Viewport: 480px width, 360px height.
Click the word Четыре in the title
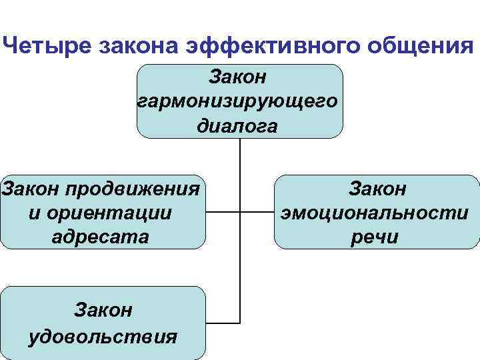(x=46, y=46)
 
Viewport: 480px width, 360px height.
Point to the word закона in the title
(x=135, y=46)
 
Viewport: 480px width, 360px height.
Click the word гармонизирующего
(x=239, y=101)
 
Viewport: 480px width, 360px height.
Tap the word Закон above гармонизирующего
(x=238, y=77)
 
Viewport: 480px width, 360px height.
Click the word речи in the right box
(x=377, y=237)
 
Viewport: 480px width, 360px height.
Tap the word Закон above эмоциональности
(x=377, y=189)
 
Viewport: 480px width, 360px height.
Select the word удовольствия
(x=103, y=335)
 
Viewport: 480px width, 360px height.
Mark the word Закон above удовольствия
(x=103, y=311)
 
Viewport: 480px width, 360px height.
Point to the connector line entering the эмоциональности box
(x=257, y=213)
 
